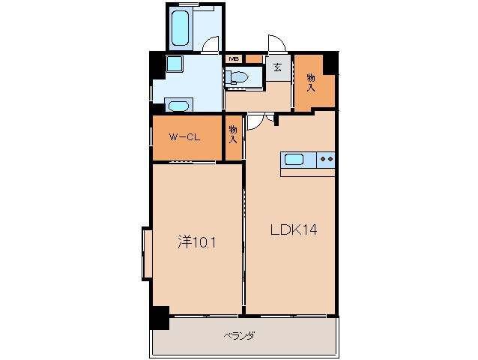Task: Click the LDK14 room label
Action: tap(294, 229)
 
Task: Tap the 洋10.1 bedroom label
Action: tap(197, 242)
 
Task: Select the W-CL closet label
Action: tap(184, 137)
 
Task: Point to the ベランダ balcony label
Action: tap(239, 336)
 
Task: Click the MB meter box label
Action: tap(234, 59)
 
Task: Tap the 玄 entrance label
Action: tap(277, 67)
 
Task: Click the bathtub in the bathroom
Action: tap(180, 28)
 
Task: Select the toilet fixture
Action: tap(237, 77)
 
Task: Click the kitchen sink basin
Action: tap(294, 160)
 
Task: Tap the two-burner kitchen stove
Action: tap(326, 159)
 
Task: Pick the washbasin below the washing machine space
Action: tap(178, 106)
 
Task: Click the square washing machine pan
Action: tap(175, 64)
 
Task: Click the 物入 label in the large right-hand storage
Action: tap(311, 82)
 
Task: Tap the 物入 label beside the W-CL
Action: tap(233, 134)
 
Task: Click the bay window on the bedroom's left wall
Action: tap(147, 253)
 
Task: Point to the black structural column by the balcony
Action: tap(160, 318)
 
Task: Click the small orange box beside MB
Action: tap(254, 59)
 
